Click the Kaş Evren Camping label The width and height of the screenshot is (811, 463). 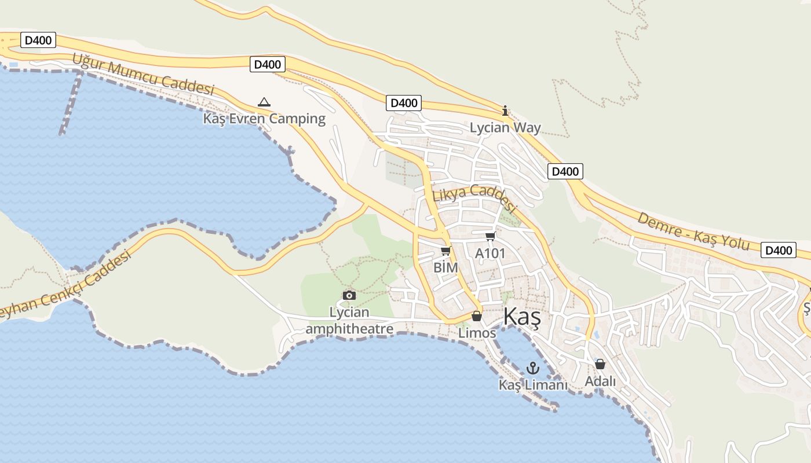point(264,119)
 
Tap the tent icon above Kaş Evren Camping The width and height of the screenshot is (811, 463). point(264,102)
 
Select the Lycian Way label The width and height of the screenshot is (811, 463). point(505,127)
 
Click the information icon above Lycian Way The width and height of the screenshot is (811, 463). point(505,111)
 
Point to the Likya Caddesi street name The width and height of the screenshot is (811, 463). point(474,197)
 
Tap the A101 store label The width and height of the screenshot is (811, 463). point(490,253)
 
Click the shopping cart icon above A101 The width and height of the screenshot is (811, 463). point(490,236)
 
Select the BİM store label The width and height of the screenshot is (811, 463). point(445,267)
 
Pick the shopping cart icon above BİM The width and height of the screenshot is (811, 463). point(445,251)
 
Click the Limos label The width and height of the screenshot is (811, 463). point(477,333)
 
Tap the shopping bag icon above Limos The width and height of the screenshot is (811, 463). point(477,316)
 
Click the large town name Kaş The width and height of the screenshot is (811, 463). point(522,317)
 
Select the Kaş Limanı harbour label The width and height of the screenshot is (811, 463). point(533,385)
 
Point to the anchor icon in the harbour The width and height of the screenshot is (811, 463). point(532,368)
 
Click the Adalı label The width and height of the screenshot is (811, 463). point(600,381)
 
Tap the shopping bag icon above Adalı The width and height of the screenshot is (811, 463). point(600,364)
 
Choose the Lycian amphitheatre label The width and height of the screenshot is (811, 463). point(349,321)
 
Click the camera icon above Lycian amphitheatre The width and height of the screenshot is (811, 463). point(349,296)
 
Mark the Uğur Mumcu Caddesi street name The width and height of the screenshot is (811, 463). point(143,75)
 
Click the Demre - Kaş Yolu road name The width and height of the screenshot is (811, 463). point(693,231)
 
